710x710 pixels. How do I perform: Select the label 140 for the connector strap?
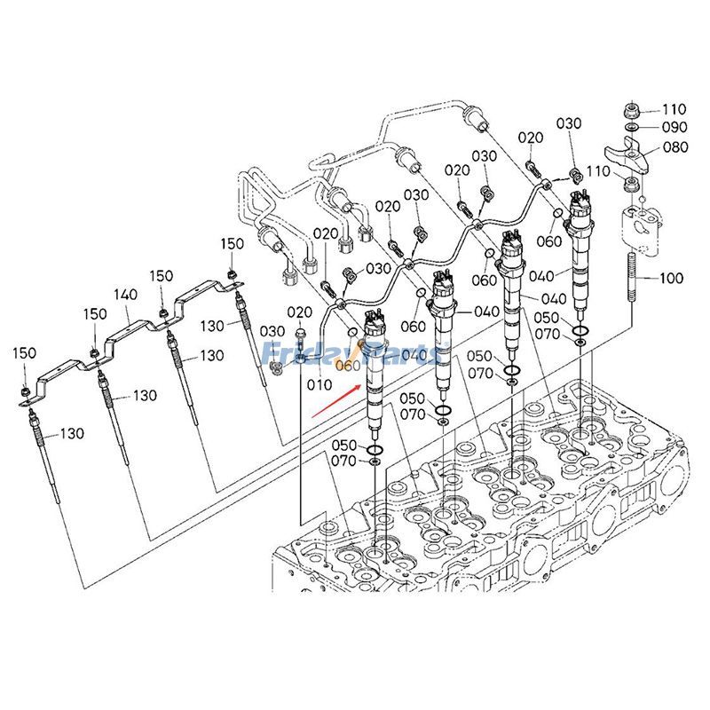pyautogui.click(x=125, y=294)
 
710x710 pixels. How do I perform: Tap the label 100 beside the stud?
pyautogui.click(x=671, y=279)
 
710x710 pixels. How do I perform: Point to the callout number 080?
pyautogui.click(x=674, y=147)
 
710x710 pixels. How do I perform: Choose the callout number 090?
pyautogui.click(x=674, y=128)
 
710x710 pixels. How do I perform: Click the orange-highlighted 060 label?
pyautogui.click(x=348, y=366)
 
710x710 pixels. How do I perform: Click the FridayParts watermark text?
pyautogui.click(x=346, y=356)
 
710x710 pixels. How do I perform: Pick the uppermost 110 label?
pyautogui.click(x=674, y=109)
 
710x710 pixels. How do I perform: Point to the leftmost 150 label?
pyautogui.click(x=26, y=353)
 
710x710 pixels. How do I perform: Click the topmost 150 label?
pyautogui.click(x=232, y=244)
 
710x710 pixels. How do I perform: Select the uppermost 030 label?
pyautogui.click(x=568, y=123)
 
